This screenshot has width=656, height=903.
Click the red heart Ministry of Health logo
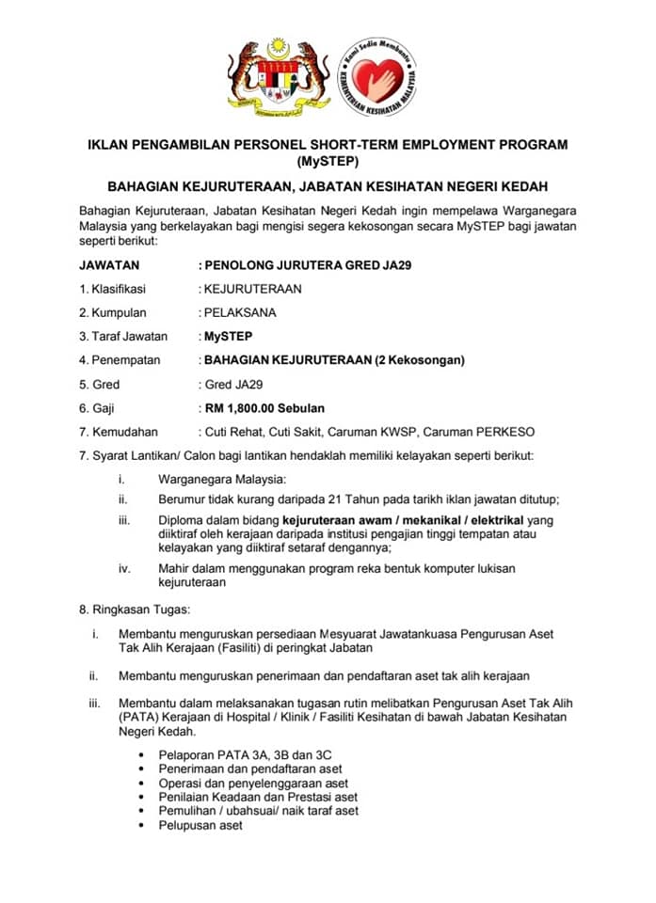coord(377,78)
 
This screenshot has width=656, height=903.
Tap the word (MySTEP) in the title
coord(328,160)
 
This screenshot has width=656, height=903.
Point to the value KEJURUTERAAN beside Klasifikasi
coord(253,289)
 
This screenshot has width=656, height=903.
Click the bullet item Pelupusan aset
coord(200,825)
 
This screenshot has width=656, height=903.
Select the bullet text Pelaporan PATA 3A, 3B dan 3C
coord(246,755)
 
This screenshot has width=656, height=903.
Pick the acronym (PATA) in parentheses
coord(139,718)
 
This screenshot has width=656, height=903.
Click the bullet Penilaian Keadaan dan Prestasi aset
coord(259,797)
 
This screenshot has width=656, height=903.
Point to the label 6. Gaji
coord(99,408)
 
